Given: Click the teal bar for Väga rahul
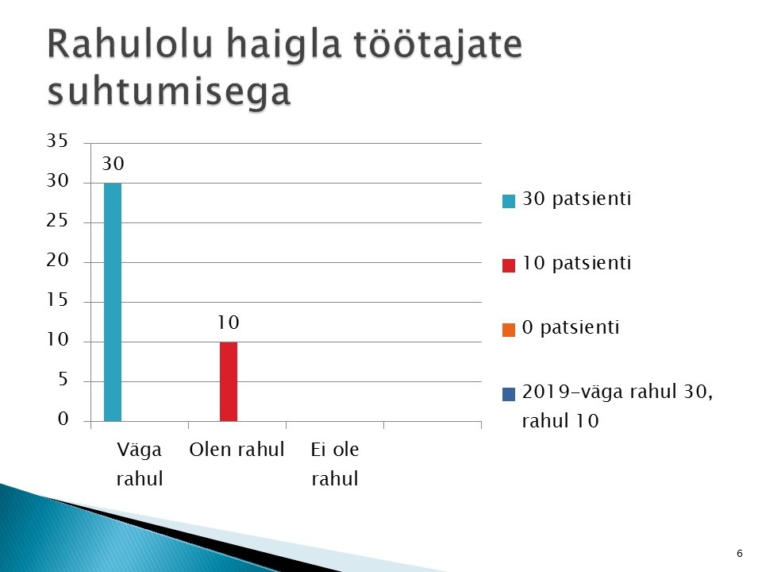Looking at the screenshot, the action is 113,302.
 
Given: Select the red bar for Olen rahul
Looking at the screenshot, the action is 229,381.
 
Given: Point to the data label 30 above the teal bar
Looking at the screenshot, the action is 113,164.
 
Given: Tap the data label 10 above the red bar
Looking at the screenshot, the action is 228,323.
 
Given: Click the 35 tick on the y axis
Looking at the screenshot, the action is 57,141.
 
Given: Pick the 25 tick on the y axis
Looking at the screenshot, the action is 57,221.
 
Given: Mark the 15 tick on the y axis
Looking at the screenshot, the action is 57,300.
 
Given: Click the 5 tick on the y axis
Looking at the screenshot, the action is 63,379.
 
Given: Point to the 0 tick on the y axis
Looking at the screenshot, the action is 63,419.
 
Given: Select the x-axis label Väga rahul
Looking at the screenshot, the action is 140,464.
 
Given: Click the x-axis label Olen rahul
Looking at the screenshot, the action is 237,450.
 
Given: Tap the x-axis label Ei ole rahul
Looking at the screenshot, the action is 335,464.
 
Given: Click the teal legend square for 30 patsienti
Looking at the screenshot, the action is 508,201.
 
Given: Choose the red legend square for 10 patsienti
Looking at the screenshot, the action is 508,265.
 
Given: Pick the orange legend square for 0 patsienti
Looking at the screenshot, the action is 508,330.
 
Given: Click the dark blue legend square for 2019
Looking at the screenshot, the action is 508,394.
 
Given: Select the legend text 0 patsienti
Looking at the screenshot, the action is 571,327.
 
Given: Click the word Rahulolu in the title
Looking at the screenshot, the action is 129,44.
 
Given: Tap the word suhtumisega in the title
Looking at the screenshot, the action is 168,91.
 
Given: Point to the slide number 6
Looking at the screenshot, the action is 740,553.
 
